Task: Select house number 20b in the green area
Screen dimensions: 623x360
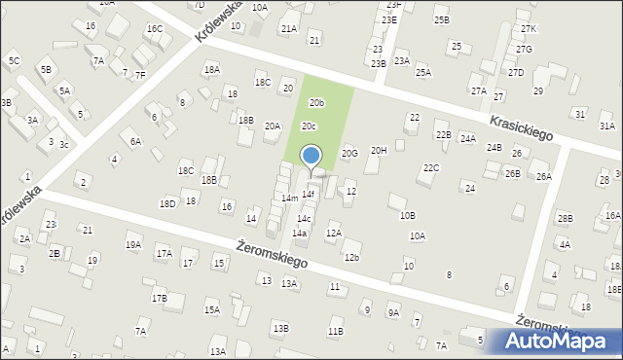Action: point(316,102)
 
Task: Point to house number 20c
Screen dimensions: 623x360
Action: point(309,126)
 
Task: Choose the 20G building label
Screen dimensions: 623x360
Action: point(349,153)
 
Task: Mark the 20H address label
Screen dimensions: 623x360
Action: point(379,150)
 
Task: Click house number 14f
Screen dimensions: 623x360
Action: point(308,195)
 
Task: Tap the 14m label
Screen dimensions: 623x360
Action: point(289,198)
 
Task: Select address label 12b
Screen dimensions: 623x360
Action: point(351,257)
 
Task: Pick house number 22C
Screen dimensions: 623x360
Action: point(431,168)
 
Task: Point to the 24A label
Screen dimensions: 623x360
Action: point(468,139)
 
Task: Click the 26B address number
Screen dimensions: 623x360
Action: point(512,173)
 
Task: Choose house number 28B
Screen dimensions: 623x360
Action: point(566,218)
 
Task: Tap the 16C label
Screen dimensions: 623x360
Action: point(155,29)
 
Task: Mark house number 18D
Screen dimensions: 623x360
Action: point(167,203)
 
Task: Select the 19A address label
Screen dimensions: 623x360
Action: point(133,245)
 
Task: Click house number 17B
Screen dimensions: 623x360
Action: point(159,298)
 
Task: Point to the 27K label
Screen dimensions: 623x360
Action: point(528,29)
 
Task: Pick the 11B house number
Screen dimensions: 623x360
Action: point(335,332)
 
